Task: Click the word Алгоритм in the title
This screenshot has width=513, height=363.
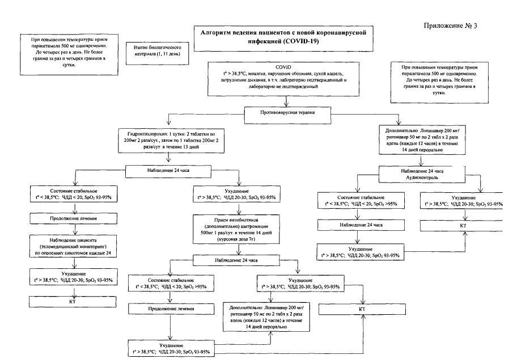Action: tap(220, 32)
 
